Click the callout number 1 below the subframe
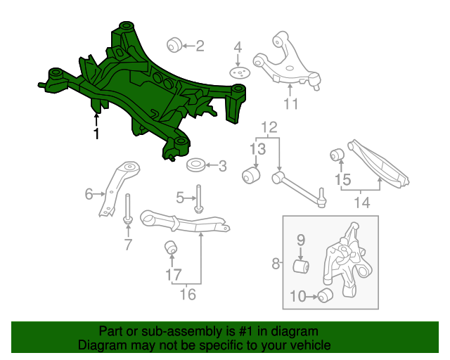coord(96,133)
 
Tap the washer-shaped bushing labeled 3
coord(195,167)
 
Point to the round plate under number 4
coord(239,74)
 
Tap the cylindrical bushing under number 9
coord(302,267)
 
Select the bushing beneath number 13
coord(250,174)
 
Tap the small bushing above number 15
coord(337,154)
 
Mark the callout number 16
coord(188,294)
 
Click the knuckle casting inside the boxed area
coord(345,264)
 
